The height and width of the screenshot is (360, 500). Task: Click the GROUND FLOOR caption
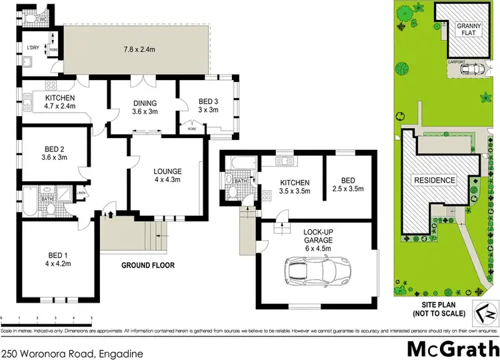(147, 265)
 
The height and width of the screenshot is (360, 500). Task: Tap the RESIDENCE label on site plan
(435, 180)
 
